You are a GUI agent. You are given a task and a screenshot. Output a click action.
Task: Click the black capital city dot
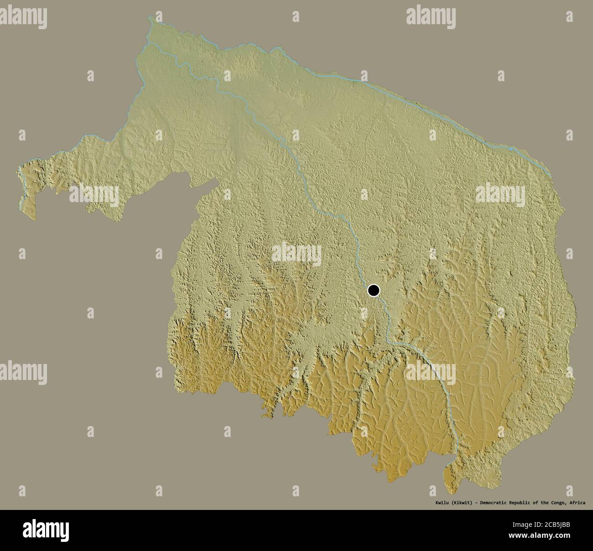pyautogui.click(x=374, y=290)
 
